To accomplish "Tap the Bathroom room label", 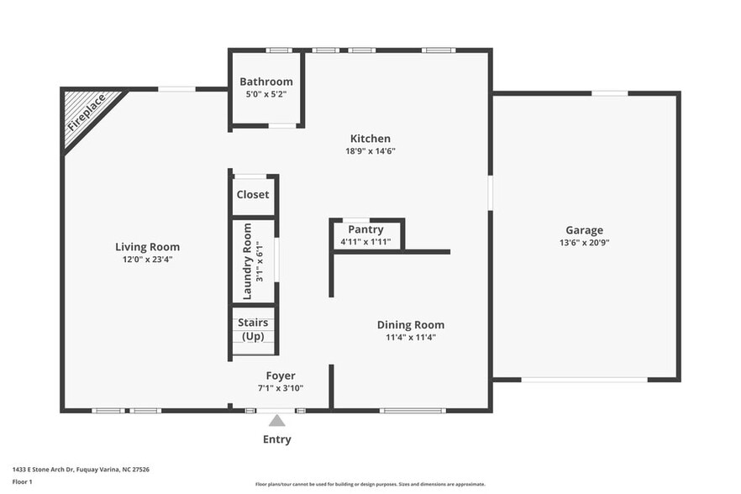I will (x=266, y=81).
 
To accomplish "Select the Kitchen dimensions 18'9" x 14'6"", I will (x=370, y=151).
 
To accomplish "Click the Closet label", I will (x=253, y=194).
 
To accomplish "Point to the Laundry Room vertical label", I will (x=247, y=261).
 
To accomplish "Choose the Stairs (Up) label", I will (x=253, y=328).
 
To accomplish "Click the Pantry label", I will (x=365, y=229).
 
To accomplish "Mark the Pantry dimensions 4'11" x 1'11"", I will (x=365, y=242).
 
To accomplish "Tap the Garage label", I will (x=584, y=230).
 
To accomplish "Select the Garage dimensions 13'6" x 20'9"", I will (x=584, y=243).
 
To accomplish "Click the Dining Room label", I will (x=411, y=325).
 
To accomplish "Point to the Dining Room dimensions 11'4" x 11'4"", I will (x=411, y=338).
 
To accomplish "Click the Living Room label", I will (x=148, y=247).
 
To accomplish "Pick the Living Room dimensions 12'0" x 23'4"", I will (x=148, y=260).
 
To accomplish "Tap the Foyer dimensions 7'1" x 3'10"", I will (x=281, y=388).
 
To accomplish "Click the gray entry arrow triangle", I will (x=277, y=421).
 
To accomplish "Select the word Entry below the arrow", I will (x=277, y=439).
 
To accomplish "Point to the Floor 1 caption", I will (x=22, y=481).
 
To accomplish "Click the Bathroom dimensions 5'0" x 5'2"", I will (x=266, y=94).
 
